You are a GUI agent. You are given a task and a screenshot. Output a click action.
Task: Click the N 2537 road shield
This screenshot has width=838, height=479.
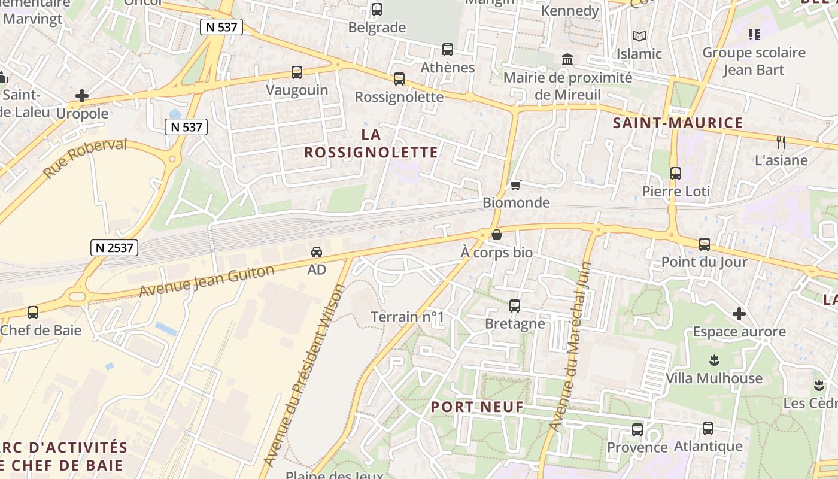pos(114,247)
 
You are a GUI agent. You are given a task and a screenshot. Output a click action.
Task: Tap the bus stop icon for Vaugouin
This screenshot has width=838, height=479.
pos(297,72)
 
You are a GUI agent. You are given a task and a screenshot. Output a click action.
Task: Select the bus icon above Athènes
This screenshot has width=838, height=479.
pos(448,50)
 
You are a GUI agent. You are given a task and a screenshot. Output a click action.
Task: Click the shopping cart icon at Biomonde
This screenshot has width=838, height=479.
pos(515,186)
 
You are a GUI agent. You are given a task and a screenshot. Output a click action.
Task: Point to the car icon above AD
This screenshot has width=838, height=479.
pos(317,252)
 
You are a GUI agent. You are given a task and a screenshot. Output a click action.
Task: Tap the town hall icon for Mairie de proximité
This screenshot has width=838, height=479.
pos(567,60)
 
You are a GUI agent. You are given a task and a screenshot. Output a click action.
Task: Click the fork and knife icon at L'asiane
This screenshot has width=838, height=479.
pos(781,142)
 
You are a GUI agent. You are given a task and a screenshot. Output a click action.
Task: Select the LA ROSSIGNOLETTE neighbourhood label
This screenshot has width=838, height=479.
pos(371,143)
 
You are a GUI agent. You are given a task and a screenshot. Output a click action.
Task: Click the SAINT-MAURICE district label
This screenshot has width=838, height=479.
pos(678,123)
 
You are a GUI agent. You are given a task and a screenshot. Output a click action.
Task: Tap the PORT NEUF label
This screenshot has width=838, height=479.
pos(477,407)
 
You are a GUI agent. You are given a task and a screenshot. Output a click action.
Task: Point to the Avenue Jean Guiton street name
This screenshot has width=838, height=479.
pos(207,281)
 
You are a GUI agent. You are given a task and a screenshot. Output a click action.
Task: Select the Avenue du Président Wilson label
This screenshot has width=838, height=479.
pos(304,375)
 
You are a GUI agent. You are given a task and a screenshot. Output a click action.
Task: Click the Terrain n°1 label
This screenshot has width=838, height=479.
pos(408,317)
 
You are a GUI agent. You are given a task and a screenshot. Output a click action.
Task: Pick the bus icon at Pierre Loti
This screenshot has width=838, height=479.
pos(676,174)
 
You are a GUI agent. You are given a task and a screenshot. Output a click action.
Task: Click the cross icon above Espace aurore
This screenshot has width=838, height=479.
pos(739,314)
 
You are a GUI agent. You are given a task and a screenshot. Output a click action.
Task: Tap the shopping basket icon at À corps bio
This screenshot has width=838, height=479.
pos(496,235)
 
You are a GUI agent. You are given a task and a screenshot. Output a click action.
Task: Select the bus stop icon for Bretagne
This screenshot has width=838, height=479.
pos(515,306)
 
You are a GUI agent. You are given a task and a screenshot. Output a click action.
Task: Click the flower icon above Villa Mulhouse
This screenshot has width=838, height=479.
pos(713,360)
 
